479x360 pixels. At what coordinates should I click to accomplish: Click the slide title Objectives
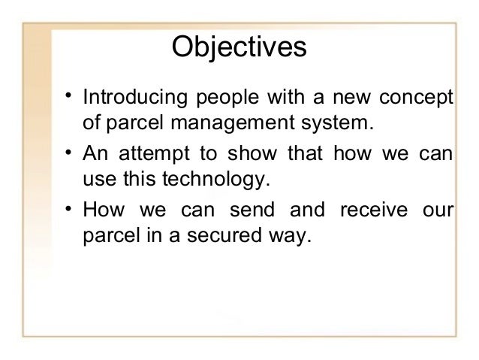239,47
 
